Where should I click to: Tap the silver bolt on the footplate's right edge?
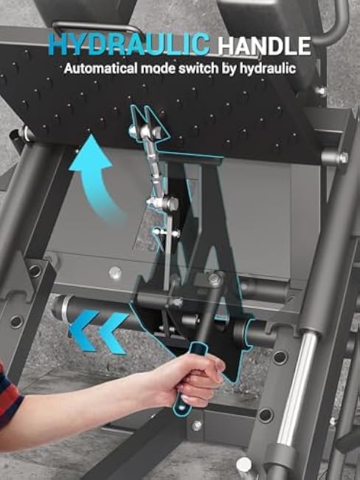[343, 157]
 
